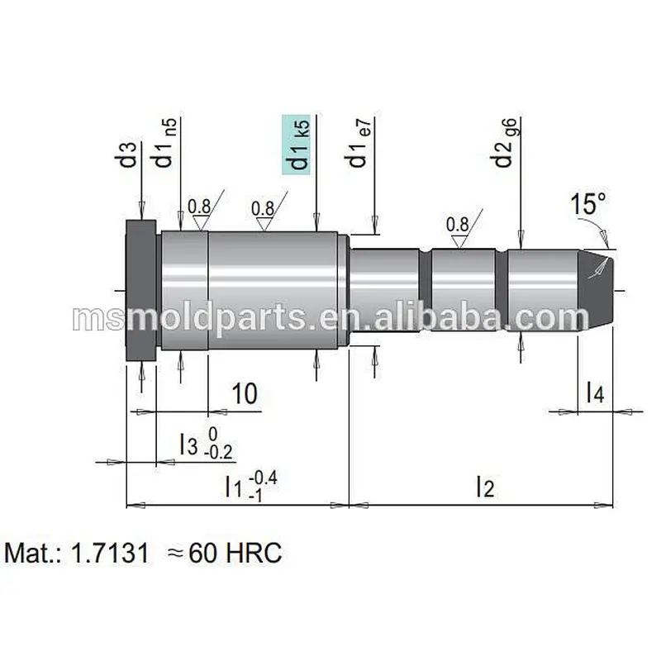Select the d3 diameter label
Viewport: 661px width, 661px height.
[x=127, y=155]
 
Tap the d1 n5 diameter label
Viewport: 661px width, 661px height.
[x=165, y=142]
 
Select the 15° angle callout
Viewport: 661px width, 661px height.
[x=587, y=204]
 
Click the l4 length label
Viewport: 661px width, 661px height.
[x=595, y=392]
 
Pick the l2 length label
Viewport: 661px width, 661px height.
[x=484, y=487]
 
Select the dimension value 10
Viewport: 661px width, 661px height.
[x=245, y=394]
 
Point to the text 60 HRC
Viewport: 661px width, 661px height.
[x=235, y=553]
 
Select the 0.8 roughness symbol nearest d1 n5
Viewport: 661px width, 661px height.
[x=199, y=212]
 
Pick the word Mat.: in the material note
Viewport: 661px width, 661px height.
[x=33, y=553]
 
